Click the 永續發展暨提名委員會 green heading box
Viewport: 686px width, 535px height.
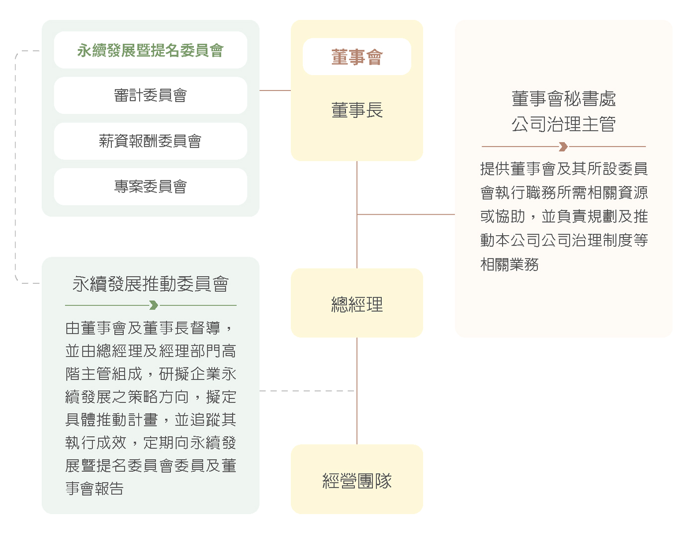pos(150,50)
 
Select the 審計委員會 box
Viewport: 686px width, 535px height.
pos(150,95)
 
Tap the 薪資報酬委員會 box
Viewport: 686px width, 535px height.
pos(150,141)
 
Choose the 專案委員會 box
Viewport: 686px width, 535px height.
pos(150,186)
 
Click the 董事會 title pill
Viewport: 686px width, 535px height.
pos(357,57)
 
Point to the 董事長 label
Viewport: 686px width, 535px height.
pos(357,110)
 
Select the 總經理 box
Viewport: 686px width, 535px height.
pos(357,303)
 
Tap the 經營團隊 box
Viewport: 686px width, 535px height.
pos(357,479)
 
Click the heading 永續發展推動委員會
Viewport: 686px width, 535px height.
pos(150,283)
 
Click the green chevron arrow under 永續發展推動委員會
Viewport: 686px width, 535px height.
pos(154,305)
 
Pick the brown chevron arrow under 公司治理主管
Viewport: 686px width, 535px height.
pos(563,147)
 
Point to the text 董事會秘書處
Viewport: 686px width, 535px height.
pos(564,98)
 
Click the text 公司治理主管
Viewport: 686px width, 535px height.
pos(564,124)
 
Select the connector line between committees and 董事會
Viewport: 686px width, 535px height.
pos(275,90)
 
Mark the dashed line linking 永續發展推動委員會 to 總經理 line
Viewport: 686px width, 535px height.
pos(307,391)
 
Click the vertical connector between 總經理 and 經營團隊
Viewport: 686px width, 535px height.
pos(357,391)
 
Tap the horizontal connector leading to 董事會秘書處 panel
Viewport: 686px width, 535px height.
pos(406,214)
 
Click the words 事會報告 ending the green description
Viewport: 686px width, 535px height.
pos(94,488)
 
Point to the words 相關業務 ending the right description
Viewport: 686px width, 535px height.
pos(509,264)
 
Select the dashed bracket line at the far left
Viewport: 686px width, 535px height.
pos(15,167)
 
